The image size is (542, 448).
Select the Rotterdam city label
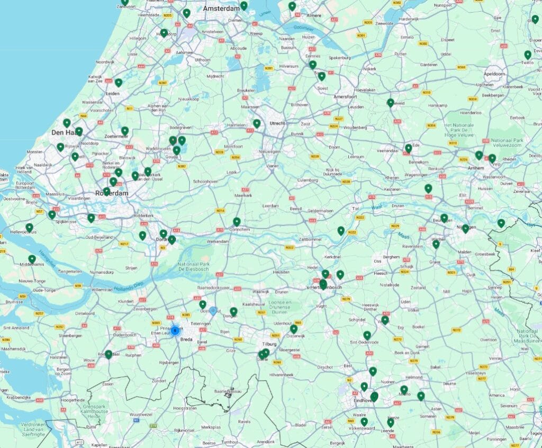pyautogui.click(x=112, y=193)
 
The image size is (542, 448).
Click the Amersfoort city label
pyautogui.click(x=346, y=97)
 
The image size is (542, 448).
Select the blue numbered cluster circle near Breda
pyautogui.click(x=175, y=330)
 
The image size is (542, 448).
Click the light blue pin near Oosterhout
pyautogui.click(x=213, y=311)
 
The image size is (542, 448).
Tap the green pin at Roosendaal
pyautogui.click(x=109, y=354)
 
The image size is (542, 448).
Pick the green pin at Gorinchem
pyautogui.click(x=237, y=221)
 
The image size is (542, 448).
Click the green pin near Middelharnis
pyautogui.click(x=32, y=258)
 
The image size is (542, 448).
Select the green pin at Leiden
pyautogui.click(x=119, y=83)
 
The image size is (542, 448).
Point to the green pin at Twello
pyautogui.click(x=528, y=55)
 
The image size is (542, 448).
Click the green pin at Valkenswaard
pyautogui.click(x=364, y=422)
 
